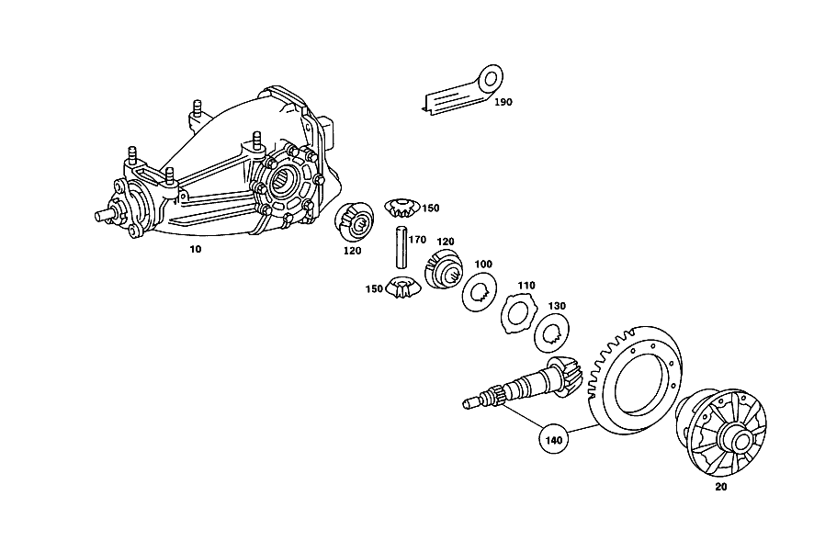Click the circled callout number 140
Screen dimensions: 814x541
pos(553,440)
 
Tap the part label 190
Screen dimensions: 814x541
pos(503,102)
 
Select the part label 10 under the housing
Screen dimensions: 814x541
pos(195,249)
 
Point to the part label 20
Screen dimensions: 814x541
pos(721,487)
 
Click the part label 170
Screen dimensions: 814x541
pos(417,240)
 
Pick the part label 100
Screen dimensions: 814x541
pos(483,264)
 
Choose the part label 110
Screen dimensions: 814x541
pos(526,286)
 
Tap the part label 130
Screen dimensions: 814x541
pos(557,306)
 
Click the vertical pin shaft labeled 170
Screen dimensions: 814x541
pos(401,248)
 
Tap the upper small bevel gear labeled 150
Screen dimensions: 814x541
pos(401,208)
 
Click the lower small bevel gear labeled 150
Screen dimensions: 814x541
pos(400,287)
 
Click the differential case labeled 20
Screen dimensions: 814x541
pos(721,432)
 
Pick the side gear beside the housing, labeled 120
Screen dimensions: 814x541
pos(354,222)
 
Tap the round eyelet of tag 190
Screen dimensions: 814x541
pos(491,79)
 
